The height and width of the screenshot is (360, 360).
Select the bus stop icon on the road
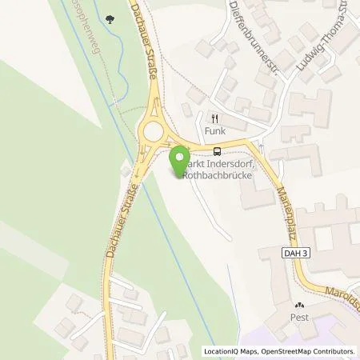217,150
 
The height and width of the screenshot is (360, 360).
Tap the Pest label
299,317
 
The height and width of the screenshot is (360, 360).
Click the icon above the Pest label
299,305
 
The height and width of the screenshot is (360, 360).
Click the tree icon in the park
109,17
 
